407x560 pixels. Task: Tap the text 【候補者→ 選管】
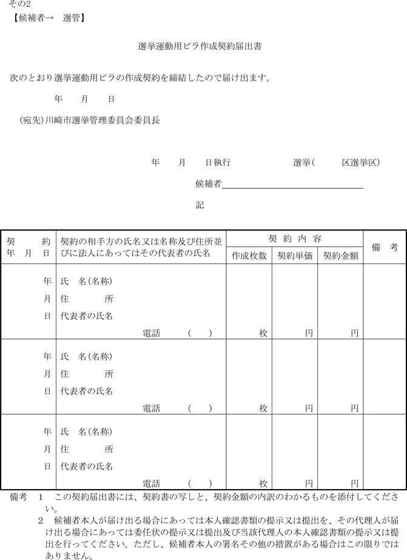47,18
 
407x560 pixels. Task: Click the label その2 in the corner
19,5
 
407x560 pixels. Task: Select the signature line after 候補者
292,184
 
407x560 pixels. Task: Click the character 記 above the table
200,206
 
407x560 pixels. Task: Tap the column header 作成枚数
249,256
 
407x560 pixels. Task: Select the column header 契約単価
295,256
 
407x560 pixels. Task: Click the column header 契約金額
340,256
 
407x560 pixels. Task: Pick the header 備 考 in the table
385,248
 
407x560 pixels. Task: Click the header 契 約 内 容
295,238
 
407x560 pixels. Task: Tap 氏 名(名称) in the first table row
87,282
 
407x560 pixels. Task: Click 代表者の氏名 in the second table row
87,391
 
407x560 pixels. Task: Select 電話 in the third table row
151,484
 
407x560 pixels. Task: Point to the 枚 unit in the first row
263,333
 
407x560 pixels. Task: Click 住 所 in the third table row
87,450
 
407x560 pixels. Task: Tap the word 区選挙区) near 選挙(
361,163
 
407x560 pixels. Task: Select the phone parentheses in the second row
200,408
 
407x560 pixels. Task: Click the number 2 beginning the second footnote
41,521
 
